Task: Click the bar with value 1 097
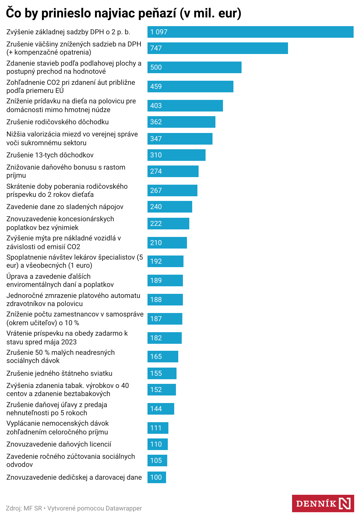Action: pos(250,32)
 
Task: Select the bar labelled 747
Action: pos(217,48)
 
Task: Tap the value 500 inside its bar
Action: pos(156,67)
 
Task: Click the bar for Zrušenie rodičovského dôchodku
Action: pos(181,122)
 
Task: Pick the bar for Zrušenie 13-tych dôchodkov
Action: pos(176,155)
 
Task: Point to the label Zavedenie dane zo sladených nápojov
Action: pos(65,207)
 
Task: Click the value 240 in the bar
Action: pos(156,207)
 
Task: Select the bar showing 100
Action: pos(156,477)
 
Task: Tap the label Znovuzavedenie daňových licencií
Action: pos(59,444)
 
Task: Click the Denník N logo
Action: pos(323,503)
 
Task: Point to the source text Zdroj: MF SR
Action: pos(24,508)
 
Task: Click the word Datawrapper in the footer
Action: pos(124,508)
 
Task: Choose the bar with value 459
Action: pos(190,87)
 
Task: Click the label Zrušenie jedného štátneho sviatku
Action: pos(59,373)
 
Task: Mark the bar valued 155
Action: pos(162,373)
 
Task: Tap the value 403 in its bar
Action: pos(156,106)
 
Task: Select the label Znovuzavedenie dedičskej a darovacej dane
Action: pos(74,477)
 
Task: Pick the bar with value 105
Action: pos(157,461)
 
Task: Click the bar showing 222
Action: pos(168,224)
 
